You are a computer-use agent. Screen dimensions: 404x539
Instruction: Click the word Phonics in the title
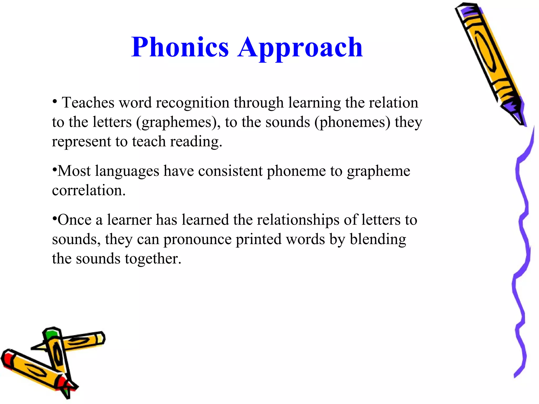(180, 47)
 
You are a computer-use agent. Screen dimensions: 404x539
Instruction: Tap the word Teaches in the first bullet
(88, 103)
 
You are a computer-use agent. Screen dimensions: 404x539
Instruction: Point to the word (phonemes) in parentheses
(352, 123)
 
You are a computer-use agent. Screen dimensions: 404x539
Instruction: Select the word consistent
(230, 171)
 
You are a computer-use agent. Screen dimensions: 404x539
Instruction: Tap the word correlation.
(89, 190)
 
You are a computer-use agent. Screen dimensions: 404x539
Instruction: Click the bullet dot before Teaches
(54, 101)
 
